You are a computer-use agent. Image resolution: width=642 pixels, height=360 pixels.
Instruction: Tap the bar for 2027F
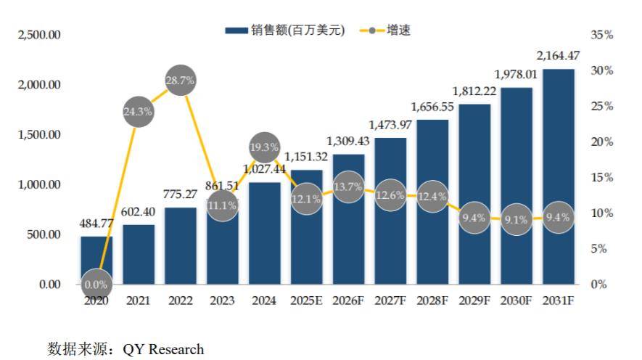pyautogui.click(x=390, y=210)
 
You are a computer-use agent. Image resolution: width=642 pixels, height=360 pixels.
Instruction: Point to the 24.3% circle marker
pyautogui.click(x=138, y=112)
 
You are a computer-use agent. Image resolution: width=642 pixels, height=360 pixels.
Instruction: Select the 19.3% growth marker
pyautogui.click(x=264, y=147)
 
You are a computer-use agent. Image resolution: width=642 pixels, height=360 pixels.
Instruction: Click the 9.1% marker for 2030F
pyautogui.click(x=517, y=219)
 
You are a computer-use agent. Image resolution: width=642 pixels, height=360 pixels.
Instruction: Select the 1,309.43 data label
pyautogui.click(x=348, y=141)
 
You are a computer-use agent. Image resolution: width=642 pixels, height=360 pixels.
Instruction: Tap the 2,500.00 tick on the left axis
pyautogui.click(x=39, y=35)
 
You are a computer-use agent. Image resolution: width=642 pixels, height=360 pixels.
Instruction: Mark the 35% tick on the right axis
pyautogui.click(x=602, y=35)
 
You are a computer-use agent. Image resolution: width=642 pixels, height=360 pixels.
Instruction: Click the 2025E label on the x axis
pyautogui.click(x=306, y=300)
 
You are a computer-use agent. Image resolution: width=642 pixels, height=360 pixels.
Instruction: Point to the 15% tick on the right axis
pyautogui.click(x=602, y=177)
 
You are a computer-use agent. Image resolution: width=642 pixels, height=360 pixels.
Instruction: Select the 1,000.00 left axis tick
pyautogui.click(x=39, y=184)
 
